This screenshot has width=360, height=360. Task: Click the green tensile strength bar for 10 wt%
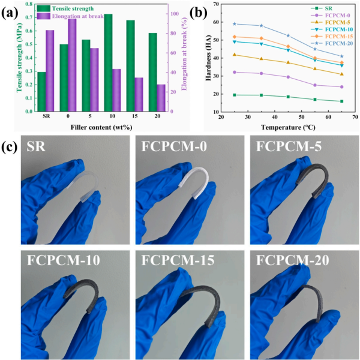click(x=108, y=63)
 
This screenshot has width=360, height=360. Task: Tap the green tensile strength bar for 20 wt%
click(x=152, y=72)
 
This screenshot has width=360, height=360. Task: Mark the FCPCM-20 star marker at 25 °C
click(x=235, y=24)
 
